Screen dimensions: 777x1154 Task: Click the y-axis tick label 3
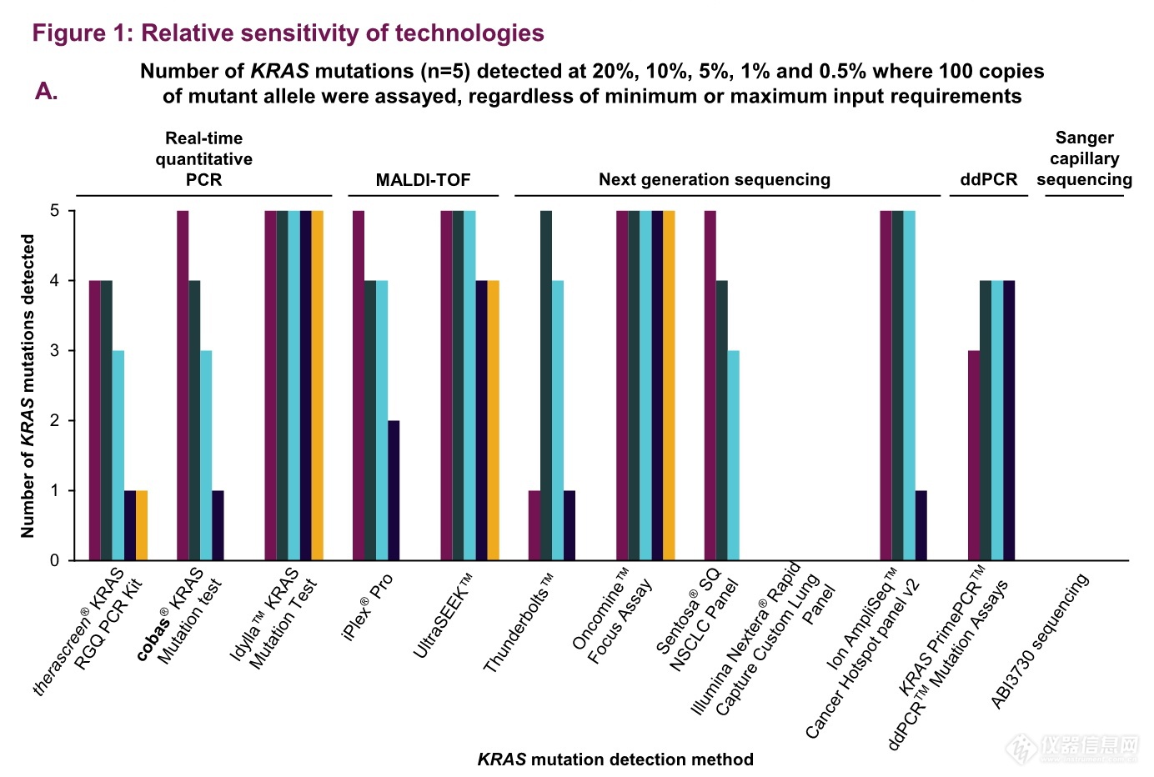coord(54,351)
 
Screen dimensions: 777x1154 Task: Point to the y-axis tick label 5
coord(54,211)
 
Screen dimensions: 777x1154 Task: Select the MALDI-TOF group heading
coord(423,180)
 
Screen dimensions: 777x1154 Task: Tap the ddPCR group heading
coord(988,179)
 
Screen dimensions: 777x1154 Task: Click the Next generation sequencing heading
coord(715,179)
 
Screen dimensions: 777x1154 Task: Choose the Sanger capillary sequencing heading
coord(1084,158)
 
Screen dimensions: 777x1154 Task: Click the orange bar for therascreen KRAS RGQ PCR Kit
coord(142,525)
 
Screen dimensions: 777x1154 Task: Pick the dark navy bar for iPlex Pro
coord(394,490)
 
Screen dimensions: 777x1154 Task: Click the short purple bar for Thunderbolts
coord(534,525)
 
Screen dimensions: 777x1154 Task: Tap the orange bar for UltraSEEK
coord(494,420)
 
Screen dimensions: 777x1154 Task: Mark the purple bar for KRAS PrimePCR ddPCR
coord(974,455)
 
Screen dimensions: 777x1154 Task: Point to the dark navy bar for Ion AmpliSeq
coord(921,525)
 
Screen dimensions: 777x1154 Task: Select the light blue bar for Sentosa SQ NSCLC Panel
coord(734,455)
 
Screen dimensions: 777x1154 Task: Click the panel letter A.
coord(47,92)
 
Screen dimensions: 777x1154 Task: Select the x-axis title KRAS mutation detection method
coord(615,759)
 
